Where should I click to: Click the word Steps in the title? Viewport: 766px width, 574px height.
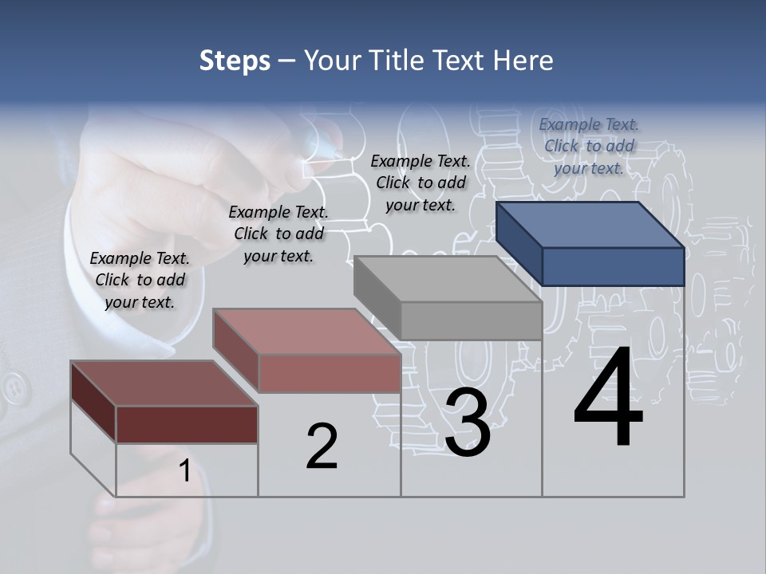235,61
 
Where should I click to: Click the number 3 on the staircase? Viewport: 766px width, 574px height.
468,423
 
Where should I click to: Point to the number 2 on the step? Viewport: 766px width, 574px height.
322,447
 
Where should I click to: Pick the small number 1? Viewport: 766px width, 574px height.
184,471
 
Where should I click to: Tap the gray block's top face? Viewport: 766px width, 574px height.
447,279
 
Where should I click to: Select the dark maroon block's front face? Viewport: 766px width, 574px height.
187,424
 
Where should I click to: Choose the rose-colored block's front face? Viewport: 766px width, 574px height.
330,373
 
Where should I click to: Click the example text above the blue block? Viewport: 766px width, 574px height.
589,146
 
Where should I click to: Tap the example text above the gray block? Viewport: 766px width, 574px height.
421,183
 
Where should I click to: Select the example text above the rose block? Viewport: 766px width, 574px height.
278,234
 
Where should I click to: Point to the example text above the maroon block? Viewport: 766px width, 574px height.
140,280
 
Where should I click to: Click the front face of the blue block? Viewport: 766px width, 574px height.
613,266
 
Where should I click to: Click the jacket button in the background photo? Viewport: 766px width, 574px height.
13,388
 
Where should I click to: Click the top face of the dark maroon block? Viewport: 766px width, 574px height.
164,383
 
